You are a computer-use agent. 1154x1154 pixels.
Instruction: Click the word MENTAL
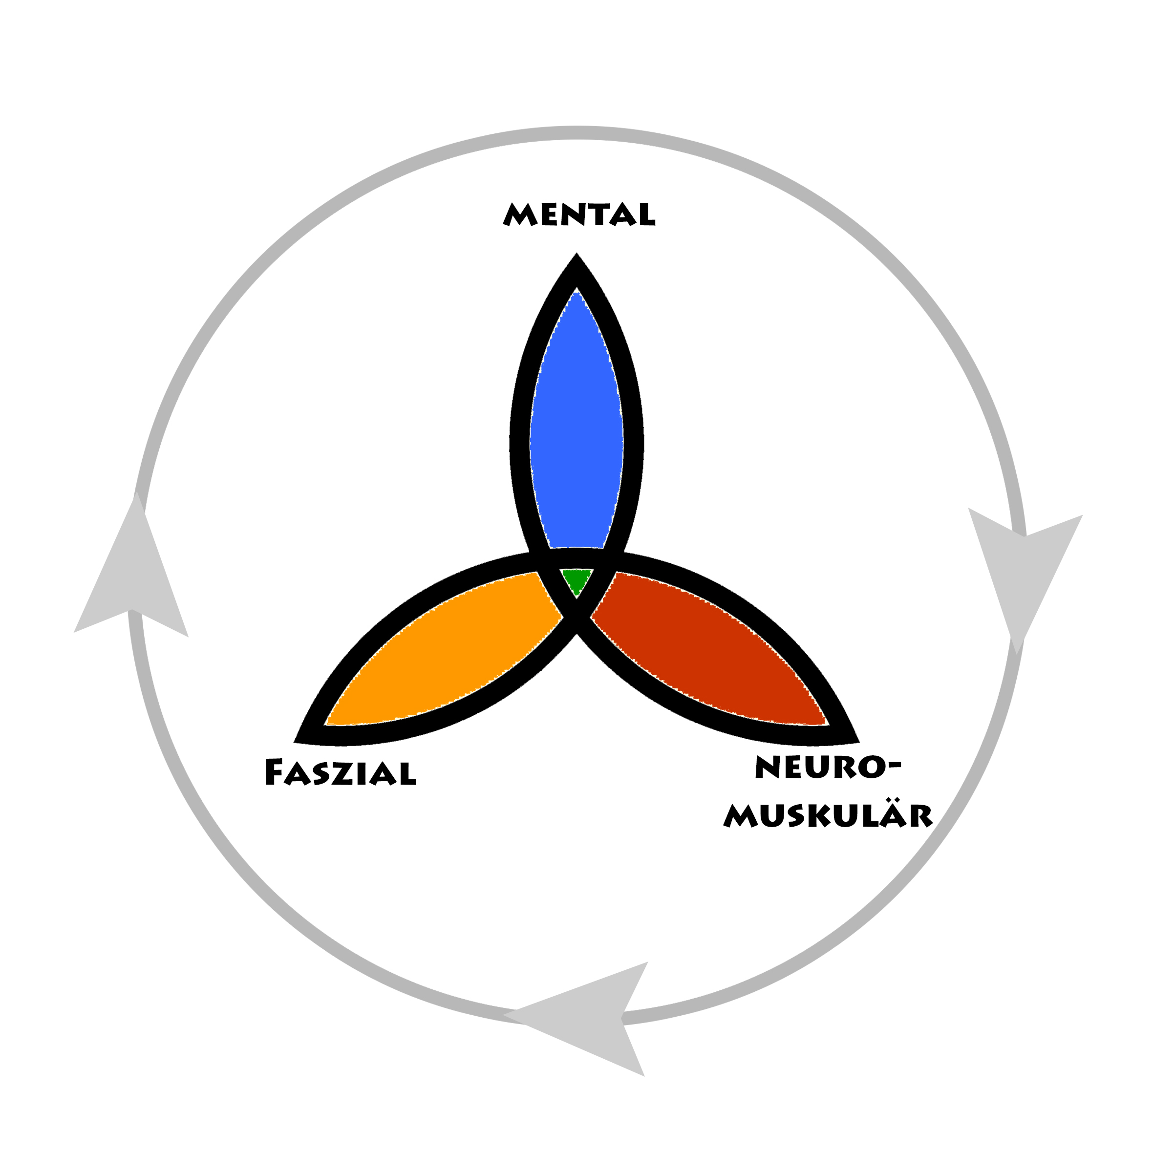click(x=579, y=214)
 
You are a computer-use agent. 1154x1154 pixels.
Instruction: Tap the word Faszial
click(x=340, y=772)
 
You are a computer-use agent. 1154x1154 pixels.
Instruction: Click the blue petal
click(x=577, y=424)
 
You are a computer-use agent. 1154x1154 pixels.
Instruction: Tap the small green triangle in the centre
click(x=577, y=580)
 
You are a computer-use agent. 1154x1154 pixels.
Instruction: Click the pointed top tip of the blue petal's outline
click(x=577, y=253)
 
